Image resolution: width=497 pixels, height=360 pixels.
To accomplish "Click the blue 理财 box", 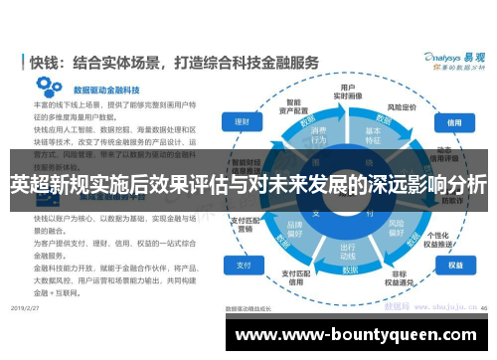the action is [242, 121].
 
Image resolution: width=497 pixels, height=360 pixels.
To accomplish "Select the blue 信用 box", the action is [455, 121].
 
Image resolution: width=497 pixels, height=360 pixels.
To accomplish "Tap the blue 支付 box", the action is [242, 266].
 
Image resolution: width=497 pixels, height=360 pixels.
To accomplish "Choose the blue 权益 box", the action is [455, 266].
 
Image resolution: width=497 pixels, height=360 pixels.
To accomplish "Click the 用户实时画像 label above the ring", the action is [349, 91].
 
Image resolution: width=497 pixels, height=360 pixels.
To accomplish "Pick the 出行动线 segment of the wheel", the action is [348, 251].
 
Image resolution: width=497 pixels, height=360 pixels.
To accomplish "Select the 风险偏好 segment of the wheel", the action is [398, 231].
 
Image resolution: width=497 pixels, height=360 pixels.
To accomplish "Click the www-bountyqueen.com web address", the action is [359, 336].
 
